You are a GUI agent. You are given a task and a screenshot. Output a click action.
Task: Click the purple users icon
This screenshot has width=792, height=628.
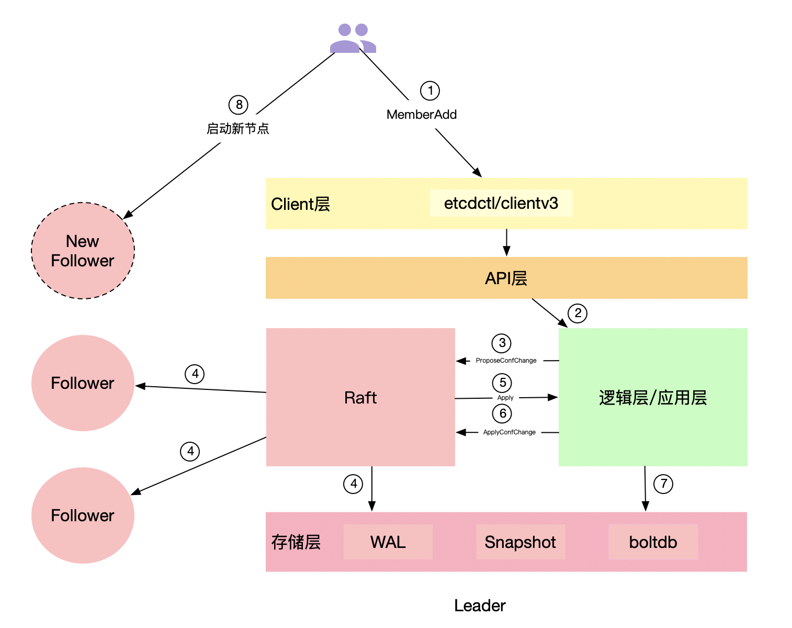pyautogui.click(x=353, y=38)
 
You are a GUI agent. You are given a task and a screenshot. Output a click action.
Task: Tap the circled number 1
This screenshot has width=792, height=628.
pyautogui.click(x=430, y=91)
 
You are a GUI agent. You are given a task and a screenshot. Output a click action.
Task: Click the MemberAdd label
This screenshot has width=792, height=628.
pyautogui.click(x=422, y=115)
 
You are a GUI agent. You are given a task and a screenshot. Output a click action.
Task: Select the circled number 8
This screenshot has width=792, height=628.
pyautogui.click(x=239, y=105)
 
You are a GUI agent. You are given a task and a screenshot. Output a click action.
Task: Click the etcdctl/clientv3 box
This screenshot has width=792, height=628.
pyautogui.click(x=501, y=203)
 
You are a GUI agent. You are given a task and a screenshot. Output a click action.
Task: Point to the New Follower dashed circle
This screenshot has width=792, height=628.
pyautogui.click(x=83, y=251)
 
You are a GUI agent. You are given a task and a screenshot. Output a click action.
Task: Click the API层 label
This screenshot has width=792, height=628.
pyautogui.click(x=506, y=278)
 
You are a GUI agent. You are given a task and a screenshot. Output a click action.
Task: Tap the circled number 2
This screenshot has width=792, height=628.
pyautogui.click(x=578, y=313)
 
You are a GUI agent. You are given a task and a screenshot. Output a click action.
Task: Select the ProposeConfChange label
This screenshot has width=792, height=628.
pyautogui.click(x=506, y=361)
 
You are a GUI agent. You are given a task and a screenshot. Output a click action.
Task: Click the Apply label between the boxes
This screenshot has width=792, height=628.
pyautogui.click(x=505, y=398)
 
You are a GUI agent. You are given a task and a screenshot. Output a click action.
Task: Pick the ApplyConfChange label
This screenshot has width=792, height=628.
pyautogui.click(x=509, y=432)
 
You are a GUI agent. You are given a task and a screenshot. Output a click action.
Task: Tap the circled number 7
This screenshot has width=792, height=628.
pyautogui.click(x=663, y=484)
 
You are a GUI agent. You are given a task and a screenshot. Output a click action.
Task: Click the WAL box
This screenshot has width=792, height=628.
pyautogui.click(x=388, y=542)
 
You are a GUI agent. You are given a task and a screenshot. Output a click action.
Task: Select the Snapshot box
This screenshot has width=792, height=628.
pyautogui.click(x=521, y=542)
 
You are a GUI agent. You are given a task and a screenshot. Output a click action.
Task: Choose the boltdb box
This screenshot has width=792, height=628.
pyautogui.click(x=653, y=542)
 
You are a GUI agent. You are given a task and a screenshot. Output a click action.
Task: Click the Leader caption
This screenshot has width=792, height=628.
pyautogui.click(x=480, y=605)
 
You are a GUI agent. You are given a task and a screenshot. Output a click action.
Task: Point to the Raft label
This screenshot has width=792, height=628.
pyautogui.click(x=360, y=398)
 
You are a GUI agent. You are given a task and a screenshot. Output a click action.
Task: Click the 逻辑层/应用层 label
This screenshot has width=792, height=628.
pyautogui.click(x=653, y=398)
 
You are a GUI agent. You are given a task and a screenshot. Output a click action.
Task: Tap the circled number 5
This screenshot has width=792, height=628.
pyautogui.click(x=502, y=383)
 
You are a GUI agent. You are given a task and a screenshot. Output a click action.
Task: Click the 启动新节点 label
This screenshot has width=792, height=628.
pyautogui.click(x=238, y=129)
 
